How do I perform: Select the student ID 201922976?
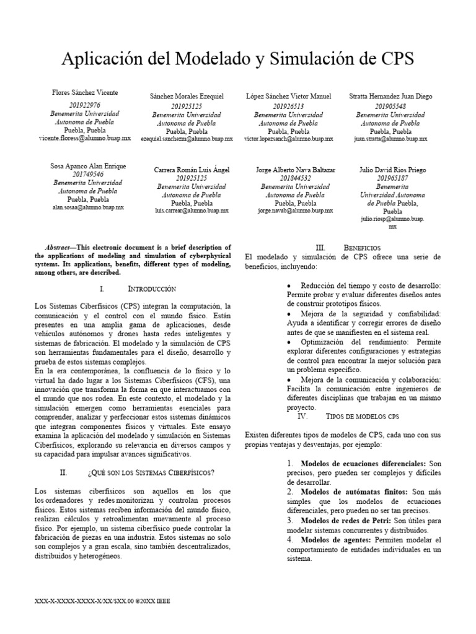(x=84, y=105)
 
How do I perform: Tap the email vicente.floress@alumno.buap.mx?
(x=84, y=139)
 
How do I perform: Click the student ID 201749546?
(x=87, y=175)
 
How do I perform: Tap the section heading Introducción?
(x=152, y=289)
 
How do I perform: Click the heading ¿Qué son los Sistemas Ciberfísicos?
(x=151, y=472)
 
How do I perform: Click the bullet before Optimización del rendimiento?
(x=291, y=342)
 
